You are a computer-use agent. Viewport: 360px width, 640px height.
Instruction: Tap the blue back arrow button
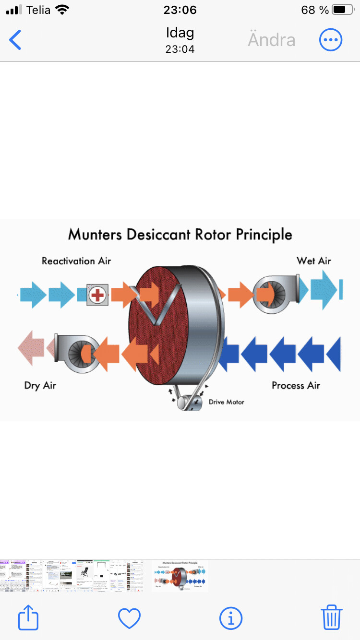pyautogui.click(x=15, y=40)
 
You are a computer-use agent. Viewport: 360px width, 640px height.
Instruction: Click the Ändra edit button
pyautogui.click(x=271, y=40)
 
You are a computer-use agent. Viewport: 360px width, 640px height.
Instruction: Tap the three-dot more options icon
pyautogui.click(x=331, y=40)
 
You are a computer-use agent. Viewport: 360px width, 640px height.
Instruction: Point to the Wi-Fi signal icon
pyautogui.click(x=62, y=10)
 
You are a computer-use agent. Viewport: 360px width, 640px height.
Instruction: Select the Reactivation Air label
pyautogui.click(x=76, y=261)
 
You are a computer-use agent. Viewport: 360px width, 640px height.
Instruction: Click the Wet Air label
pyautogui.click(x=314, y=261)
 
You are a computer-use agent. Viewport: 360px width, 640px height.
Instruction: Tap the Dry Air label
pyautogui.click(x=40, y=385)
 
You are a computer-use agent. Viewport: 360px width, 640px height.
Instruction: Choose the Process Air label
pyautogui.click(x=296, y=385)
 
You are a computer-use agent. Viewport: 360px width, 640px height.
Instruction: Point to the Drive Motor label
pyautogui.click(x=226, y=402)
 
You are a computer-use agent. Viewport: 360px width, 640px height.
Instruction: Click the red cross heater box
pyautogui.click(x=97, y=295)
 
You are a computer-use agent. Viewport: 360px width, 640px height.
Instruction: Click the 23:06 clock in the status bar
pyautogui.click(x=180, y=10)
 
